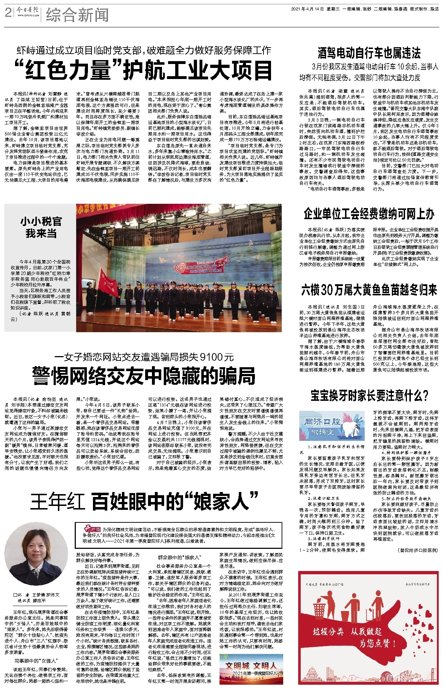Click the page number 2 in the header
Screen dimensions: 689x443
coord(8,13)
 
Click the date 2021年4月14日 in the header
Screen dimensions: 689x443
coord(307,9)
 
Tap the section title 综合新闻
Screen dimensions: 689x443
coord(77,15)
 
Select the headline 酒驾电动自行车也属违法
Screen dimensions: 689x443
coord(369,53)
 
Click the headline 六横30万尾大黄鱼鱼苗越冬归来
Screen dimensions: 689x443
coord(369,290)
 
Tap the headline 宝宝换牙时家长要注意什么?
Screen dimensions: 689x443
coord(369,396)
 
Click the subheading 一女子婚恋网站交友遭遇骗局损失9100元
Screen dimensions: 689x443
coord(144,357)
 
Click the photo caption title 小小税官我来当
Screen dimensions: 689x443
coord(41,227)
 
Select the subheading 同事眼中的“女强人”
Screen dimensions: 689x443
coord(36,660)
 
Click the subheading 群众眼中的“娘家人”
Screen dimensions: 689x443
coord(179,557)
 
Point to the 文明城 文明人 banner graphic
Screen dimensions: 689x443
coord(251,668)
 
